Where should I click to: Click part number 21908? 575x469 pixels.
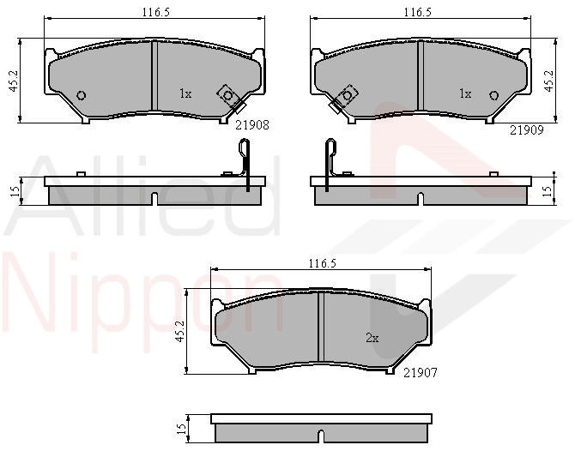(x=252, y=125)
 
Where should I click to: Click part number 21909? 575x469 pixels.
(x=527, y=130)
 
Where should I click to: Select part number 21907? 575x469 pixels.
(x=421, y=373)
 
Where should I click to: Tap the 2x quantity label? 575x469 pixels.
(x=372, y=338)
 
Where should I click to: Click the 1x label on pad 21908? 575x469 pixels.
(x=185, y=94)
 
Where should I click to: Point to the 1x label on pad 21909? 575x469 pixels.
(x=465, y=94)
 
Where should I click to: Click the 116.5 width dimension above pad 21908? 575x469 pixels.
(x=156, y=13)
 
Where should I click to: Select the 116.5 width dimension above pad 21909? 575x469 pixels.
(x=418, y=13)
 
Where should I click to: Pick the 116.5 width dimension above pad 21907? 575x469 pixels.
(x=323, y=263)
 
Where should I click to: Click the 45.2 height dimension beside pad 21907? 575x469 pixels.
(x=179, y=331)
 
